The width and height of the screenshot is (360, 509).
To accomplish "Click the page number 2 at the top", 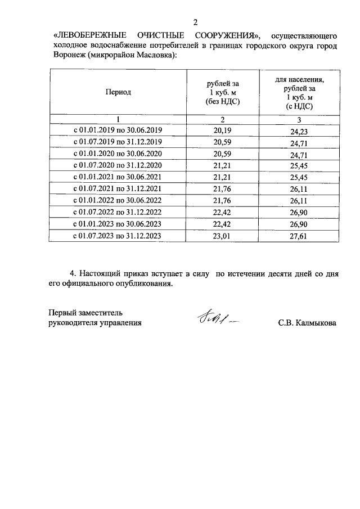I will click(x=195, y=22).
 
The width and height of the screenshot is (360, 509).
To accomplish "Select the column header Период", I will click(x=118, y=92).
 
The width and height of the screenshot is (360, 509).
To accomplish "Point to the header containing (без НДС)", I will click(x=222, y=93).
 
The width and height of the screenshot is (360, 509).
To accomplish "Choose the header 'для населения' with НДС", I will click(x=299, y=92).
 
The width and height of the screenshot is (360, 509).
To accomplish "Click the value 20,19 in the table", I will click(x=222, y=130).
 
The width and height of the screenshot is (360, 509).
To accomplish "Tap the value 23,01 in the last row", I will click(x=222, y=236).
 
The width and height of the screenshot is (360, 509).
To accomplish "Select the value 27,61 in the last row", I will click(x=299, y=236).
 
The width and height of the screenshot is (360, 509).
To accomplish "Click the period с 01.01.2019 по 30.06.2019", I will click(x=118, y=130).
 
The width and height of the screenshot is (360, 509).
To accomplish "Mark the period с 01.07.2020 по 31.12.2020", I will click(x=118, y=165).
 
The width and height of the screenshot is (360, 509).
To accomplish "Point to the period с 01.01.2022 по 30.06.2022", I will click(x=118, y=200).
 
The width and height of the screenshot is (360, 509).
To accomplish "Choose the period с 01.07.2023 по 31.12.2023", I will click(x=118, y=236).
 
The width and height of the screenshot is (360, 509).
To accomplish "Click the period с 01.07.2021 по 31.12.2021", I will click(x=118, y=188).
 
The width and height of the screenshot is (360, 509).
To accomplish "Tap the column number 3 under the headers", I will click(x=299, y=119).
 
